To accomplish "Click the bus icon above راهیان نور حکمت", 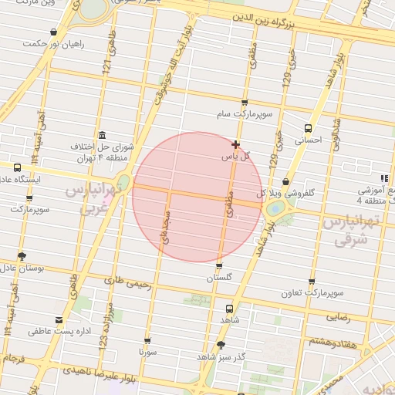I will coord(52,32).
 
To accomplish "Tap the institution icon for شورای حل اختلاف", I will coord(103,134).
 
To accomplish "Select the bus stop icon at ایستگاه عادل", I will coord(17,167).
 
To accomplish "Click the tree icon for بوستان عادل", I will coord(22,256).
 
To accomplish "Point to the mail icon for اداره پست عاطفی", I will coord(59,319).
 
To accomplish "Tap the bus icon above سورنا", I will coord(147,340).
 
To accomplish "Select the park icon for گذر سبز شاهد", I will coord(221,345).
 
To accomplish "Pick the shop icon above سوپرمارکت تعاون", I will coord(312,282).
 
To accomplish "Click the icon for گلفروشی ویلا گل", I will coord(286,181).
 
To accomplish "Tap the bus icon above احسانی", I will coord(309,128).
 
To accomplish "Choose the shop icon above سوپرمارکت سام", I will coord(245,103).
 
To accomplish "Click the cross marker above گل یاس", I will coord(235,144).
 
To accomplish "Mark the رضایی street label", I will coord(338,316).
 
